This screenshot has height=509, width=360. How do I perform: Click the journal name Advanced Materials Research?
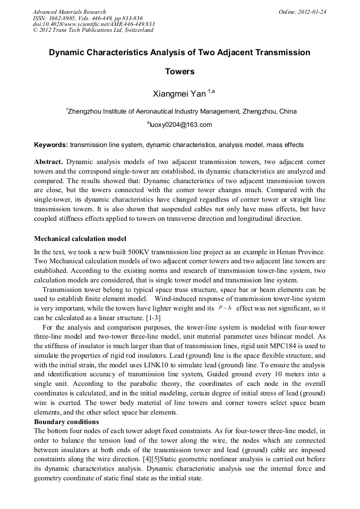pos(69,12)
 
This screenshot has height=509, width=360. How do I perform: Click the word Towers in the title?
pos(179,72)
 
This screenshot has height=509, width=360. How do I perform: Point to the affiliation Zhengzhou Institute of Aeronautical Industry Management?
pos(154,111)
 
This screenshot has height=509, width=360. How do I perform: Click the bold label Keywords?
pos(51,145)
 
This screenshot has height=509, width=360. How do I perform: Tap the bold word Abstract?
pos(48,161)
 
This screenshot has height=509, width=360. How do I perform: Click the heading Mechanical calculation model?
pos(80,239)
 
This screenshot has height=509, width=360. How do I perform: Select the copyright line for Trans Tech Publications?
pos(93,30)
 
